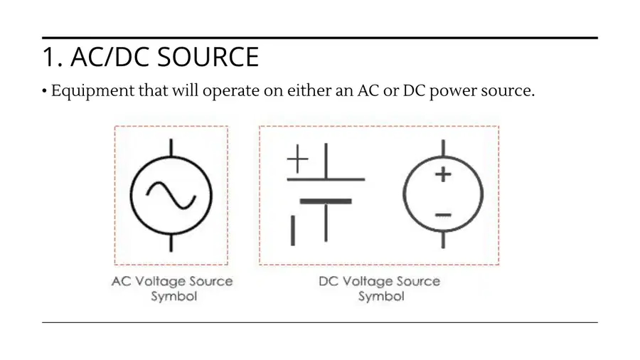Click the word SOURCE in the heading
pos(208,57)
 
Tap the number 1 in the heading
pos(49,57)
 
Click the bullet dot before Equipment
pos(44,91)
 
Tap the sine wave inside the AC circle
pos(171,195)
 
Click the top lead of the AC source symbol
pos(171,147)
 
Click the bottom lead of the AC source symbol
pos(171,243)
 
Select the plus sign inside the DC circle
pos(443,175)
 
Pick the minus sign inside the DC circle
pos(443,215)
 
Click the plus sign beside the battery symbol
pos(297,159)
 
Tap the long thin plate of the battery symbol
pos(326,179)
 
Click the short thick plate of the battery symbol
pos(326,201)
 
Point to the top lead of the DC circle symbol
pos(443,148)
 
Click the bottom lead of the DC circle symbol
pos(443,240)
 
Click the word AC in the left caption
pos(121,281)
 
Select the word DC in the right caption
pos(329,281)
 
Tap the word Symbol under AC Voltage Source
pos(174,297)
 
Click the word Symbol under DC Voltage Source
pos(381,297)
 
